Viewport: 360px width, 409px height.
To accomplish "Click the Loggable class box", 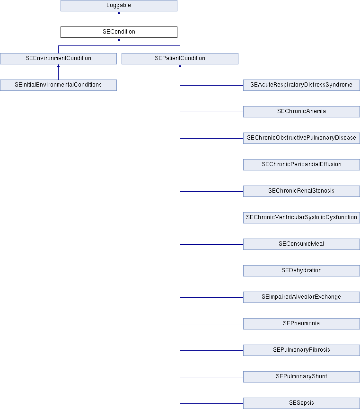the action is click(119, 6).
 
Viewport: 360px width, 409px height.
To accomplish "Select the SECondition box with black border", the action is click(119, 32).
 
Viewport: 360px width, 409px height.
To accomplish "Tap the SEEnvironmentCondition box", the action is click(58, 59).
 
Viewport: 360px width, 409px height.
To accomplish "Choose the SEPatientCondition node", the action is click(180, 59).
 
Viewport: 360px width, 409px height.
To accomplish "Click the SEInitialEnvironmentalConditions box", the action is click(58, 85).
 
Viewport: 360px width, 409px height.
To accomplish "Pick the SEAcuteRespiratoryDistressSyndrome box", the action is click(301, 85).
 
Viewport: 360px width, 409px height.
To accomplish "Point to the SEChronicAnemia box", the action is click(301, 112).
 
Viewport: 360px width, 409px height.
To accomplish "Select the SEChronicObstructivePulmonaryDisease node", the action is click(301, 138).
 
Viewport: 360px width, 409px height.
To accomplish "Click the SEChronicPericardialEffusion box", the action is click(301, 165).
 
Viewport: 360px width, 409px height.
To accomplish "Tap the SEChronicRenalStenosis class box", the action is click(301, 191).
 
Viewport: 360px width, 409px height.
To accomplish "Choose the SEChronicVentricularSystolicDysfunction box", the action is click(301, 218).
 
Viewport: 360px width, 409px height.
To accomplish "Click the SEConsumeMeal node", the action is click(301, 244).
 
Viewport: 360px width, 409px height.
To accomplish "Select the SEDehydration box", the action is click(301, 271).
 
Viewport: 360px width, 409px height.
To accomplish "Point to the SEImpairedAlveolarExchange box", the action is click(301, 297).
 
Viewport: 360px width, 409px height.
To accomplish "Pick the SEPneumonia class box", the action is click(301, 324).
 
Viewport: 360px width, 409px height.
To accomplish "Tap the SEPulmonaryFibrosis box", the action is click(301, 350).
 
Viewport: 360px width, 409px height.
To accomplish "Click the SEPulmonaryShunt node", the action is click(301, 377).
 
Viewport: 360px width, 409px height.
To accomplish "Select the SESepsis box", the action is click(301, 403).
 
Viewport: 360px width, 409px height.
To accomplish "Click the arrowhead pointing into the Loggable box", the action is click(119, 13).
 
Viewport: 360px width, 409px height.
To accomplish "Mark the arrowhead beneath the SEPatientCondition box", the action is click(180, 66).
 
